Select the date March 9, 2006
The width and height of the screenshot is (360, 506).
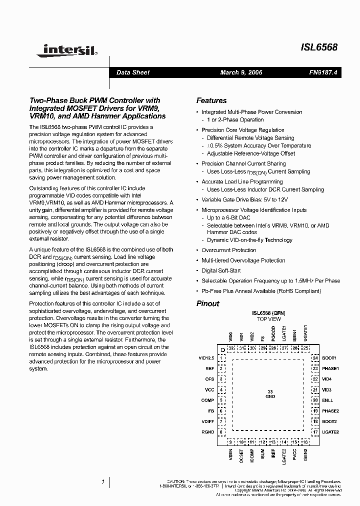[241, 72]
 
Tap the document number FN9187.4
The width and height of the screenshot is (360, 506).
[323, 72]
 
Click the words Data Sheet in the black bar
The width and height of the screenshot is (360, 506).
[132, 72]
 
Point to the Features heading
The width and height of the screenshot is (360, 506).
[211, 100]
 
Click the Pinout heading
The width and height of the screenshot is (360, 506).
[207, 303]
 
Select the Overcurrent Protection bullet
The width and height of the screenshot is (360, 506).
[228, 250]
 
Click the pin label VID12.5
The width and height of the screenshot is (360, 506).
[206, 358]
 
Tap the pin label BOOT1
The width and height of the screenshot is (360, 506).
[329, 358]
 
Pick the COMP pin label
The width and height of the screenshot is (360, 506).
[208, 400]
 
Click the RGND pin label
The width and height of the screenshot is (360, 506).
[208, 431]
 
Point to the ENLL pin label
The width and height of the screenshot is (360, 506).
[327, 400]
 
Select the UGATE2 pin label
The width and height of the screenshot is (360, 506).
[330, 431]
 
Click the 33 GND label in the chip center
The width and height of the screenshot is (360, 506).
[270, 394]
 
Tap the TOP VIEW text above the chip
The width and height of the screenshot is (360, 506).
[268, 319]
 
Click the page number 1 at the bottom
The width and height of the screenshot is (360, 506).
[103, 481]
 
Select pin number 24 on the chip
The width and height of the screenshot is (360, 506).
[315, 358]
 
